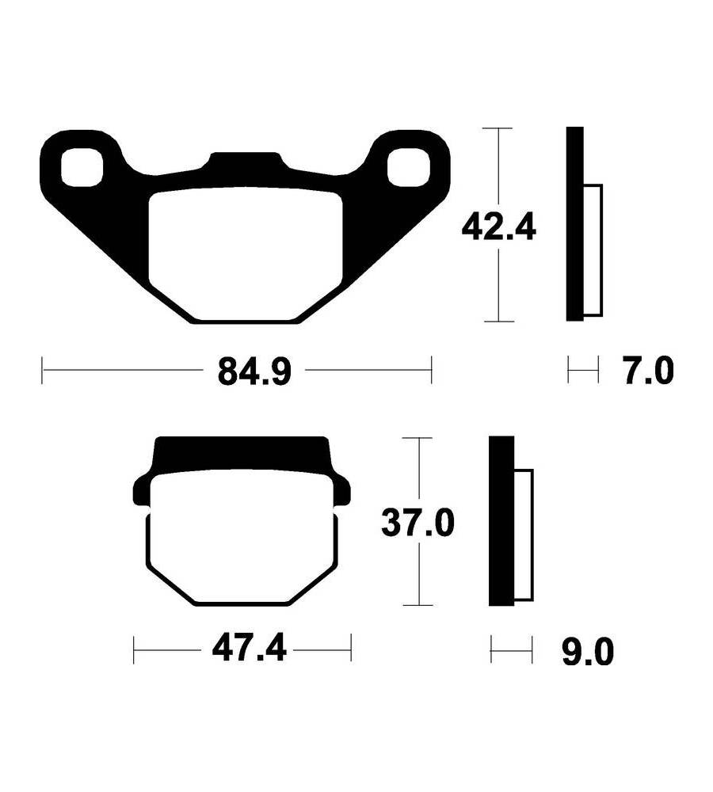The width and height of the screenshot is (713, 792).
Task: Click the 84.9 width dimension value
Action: tap(254, 371)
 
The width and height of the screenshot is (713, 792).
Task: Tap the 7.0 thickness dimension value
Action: tap(649, 371)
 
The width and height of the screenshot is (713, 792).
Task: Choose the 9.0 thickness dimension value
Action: tap(588, 652)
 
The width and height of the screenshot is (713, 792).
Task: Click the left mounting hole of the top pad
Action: tap(82, 167)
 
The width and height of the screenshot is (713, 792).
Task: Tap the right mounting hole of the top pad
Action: tap(408, 167)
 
